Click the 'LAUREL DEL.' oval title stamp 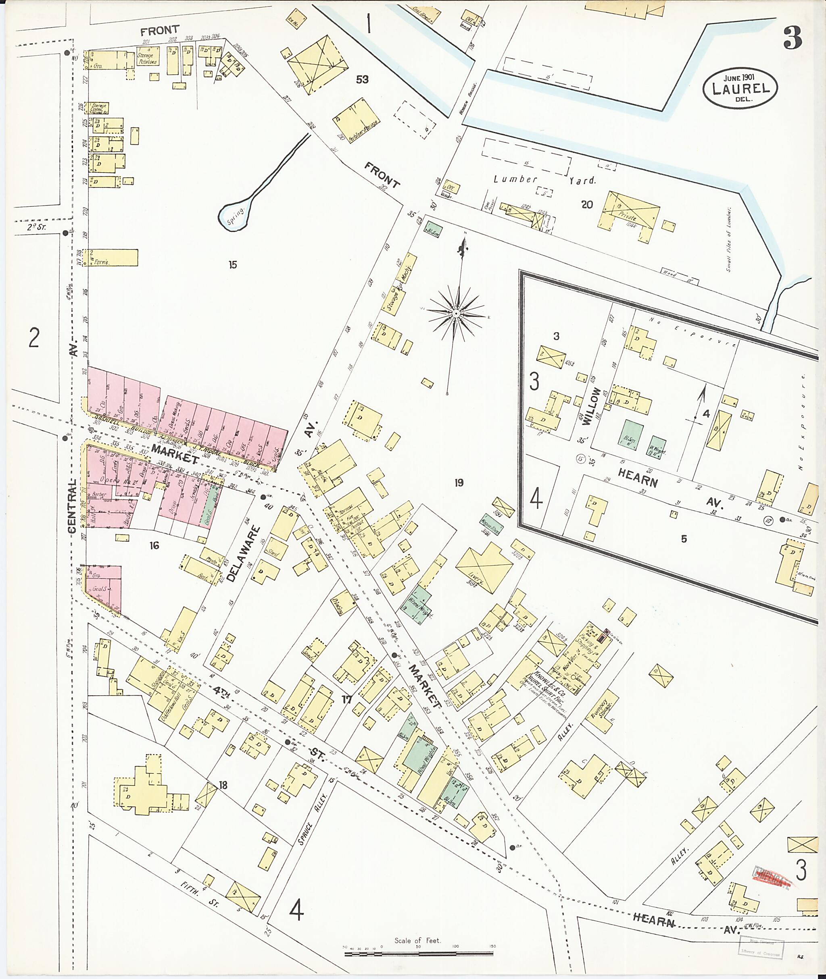coord(739,87)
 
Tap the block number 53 coord(362,79)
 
